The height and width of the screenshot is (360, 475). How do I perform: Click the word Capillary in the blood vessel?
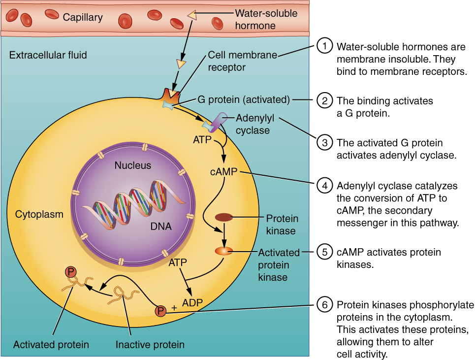point(83,18)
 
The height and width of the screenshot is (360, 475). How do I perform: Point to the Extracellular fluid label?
point(48,55)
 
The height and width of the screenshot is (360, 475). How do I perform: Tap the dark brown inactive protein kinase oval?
point(224,217)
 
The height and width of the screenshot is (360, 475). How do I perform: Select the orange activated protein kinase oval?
point(223,251)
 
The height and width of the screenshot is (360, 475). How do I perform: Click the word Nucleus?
point(133,165)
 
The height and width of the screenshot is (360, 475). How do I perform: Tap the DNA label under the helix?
point(161,227)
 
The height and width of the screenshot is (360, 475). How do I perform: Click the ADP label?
point(193,302)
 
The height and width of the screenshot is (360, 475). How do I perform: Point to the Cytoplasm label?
point(39,214)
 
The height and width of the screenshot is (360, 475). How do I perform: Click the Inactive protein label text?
point(150,344)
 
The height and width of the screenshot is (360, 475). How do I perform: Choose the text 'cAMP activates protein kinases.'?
point(388,258)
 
